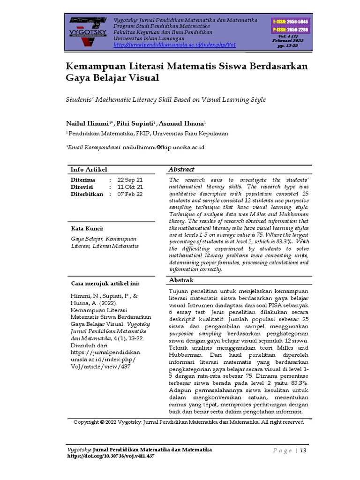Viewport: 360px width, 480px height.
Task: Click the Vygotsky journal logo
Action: pyautogui.click(x=88, y=31)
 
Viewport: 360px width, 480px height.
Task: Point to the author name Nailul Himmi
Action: pyautogui.click(x=87, y=123)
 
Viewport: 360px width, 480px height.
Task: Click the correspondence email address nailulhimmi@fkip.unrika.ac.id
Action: pyautogui.click(x=164, y=147)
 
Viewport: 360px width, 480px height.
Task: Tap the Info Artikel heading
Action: pyautogui.click(x=89, y=169)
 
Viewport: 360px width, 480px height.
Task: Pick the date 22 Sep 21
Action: pyautogui.click(x=130, y=180)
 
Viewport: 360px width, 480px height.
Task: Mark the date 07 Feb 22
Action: pyautogui.click(x=130, y=194)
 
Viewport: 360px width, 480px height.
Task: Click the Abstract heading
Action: pyautogui.click(x=181, y=169)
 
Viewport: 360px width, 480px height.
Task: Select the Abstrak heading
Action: pyautogui.click(x=181, y=280)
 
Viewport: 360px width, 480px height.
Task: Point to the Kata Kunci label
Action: pyautogui.click(x=87, y=228)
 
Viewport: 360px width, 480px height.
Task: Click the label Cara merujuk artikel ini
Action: pyautogui.click(x=105, y=284)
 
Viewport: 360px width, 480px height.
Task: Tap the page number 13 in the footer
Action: pyautogui.click(x=303, y=450)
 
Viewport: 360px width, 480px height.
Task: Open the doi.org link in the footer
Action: pyautogui.click(x=112, y=456)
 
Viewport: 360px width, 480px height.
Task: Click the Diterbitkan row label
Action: pyautogui.click(x=87, y=194)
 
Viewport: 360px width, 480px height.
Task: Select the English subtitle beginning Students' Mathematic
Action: pyautogui.click(x=165, y=100)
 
